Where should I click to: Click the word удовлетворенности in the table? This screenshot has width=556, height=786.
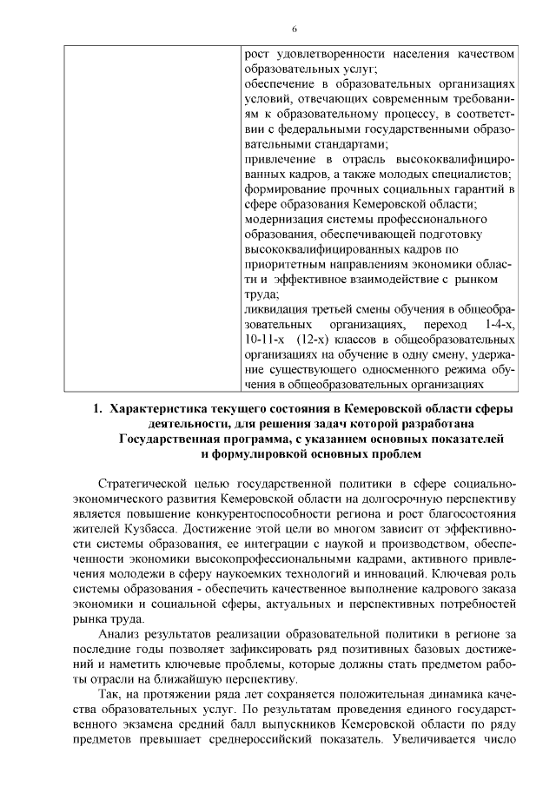(x=326, y=54)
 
